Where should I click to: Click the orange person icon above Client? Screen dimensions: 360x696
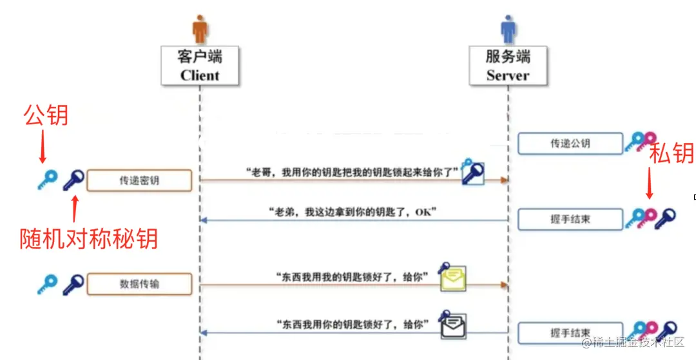[x=201, y=28]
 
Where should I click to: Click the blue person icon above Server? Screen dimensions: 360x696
[x=509, y=28]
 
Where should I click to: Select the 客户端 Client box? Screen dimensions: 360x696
[x=200, y=66]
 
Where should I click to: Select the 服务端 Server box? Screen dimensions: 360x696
[x=508, y=66]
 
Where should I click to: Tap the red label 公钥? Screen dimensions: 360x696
[x=46, y=116]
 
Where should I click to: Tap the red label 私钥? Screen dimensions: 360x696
[x=671, y=153]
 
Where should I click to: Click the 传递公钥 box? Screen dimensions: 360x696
[x=570, y=144]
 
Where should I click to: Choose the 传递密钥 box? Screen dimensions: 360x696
[x=139, y=180]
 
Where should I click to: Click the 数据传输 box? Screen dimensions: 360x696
[x=139, y=283]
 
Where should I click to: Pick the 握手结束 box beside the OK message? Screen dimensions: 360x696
[x=570, y=218]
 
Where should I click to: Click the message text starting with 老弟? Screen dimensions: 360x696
[x=352, y=211]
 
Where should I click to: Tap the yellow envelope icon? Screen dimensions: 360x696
[x=454, y=279]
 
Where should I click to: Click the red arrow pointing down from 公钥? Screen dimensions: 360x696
[x=43, y=147]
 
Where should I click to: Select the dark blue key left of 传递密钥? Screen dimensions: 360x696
[x=73, y=180]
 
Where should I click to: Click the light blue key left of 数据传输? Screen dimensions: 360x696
[x=47, y=283]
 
